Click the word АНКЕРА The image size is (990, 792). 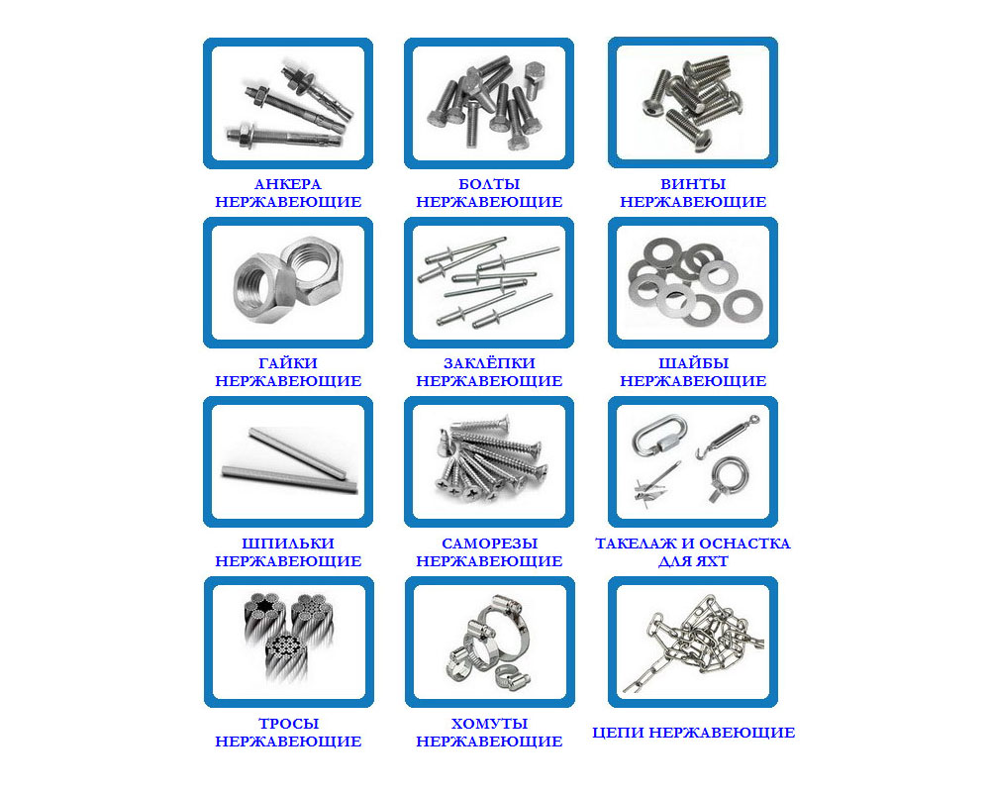pos(288,184)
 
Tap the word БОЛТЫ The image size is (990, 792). pos(489,184)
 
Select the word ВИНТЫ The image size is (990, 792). pos(693,184)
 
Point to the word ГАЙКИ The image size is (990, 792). pos(288,363)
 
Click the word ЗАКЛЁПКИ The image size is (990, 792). pos(489,363)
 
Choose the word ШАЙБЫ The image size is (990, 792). pos(693,363)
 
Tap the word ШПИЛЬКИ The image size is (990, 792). pos(288,544)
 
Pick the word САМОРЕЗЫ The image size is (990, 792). pos(489,544)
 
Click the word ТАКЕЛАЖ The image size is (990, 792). pos(637,544)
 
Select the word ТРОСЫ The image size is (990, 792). pos(288,723)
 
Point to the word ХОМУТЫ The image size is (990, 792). pos(489,723)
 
